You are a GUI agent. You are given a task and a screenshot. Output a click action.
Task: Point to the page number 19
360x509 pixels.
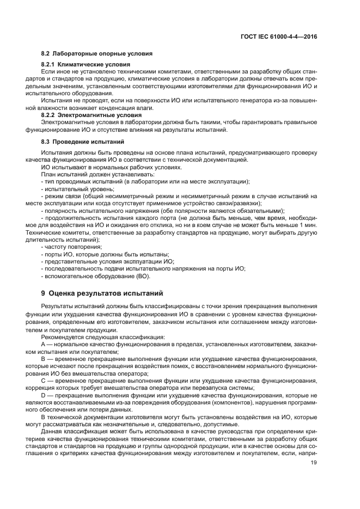tap(314, 463)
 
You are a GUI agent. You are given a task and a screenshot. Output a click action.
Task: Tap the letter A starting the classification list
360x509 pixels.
tap(44, 345)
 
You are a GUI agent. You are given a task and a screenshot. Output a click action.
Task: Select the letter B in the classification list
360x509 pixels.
tap(44, 359)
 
